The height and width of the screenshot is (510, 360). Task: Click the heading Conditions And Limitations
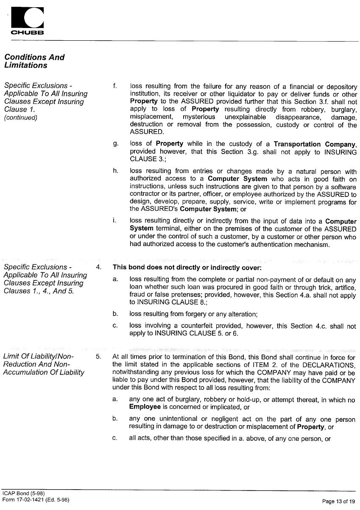tap(34, 61)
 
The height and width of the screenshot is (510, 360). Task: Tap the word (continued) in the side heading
tap(21, 118)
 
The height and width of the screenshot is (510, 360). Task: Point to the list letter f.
tap(114, 86)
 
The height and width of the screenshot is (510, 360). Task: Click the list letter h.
tap(115, 171)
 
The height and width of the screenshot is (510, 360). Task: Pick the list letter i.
tap(114, 221)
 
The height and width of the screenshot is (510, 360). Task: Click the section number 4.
tap(98, 267)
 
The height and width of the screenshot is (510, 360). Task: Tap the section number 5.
tap(98, 357)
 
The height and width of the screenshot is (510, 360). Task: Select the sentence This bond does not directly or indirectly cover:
tap(187, 268)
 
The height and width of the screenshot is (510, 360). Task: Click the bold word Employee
tap(145, 407)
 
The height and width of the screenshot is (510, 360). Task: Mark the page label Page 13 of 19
tap(338, 502)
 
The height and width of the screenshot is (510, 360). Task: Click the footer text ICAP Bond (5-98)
tap(23, 493)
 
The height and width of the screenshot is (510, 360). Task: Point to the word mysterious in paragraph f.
tap(199, 117)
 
